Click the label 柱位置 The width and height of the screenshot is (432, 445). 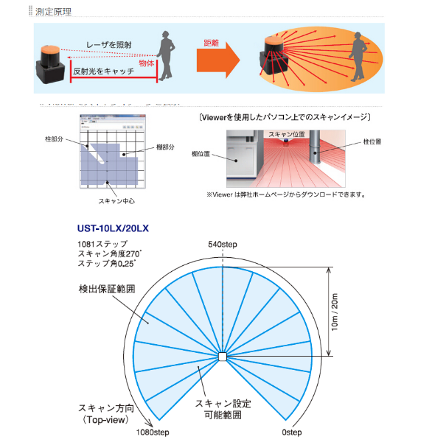pyautogui.click(x=372, y=141)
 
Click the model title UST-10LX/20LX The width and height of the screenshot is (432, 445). pyautogui.click(x=114, y=228)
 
